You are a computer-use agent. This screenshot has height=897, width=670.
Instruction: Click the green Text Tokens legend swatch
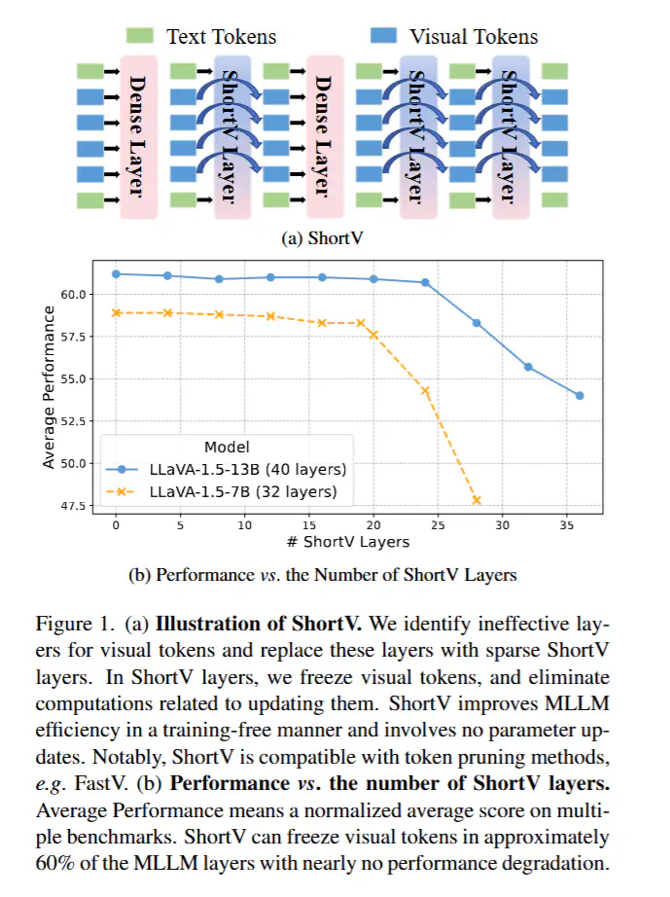139,35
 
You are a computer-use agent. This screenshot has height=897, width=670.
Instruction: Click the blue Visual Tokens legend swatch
383,35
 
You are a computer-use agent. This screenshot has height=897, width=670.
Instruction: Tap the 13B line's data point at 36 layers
580,395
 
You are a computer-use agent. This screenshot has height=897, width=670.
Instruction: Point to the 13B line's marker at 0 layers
116,273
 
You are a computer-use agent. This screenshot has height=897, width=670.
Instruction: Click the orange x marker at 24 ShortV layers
425,390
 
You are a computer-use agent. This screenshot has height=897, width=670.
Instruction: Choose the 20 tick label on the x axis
373,524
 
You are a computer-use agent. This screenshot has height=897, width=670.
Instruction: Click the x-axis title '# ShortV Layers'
348,541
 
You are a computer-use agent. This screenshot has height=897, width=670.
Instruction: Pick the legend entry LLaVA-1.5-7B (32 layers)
243,491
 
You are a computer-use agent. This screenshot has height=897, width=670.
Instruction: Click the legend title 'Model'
225,447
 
